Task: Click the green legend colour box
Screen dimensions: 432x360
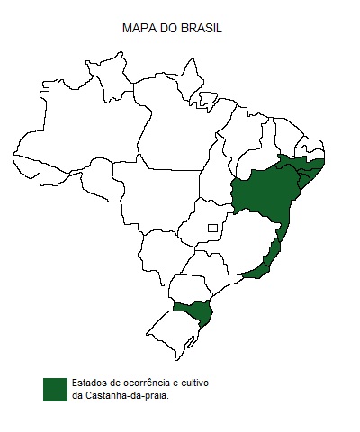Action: pos(55,388)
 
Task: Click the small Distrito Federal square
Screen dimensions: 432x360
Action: pos(212,229)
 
